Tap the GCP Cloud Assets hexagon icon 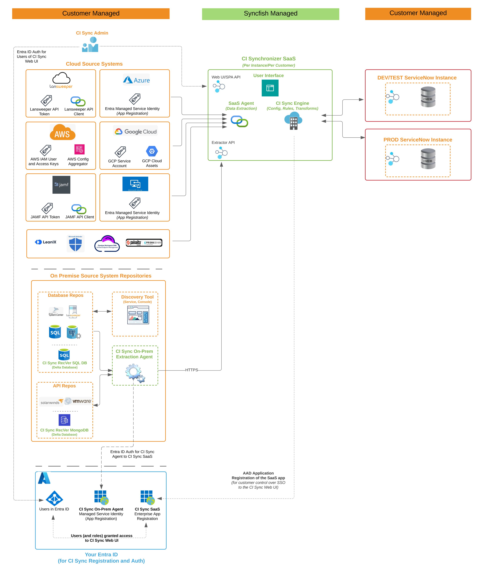point(152,151)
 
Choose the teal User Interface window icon point(270,88)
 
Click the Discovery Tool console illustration point(138,315)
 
